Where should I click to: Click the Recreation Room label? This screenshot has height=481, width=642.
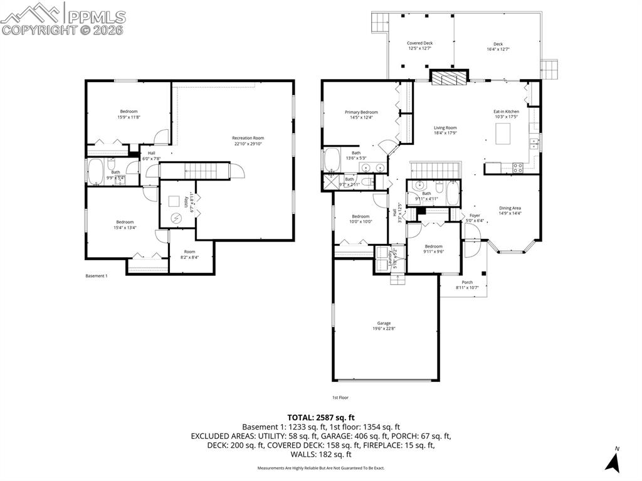tap(248, 138)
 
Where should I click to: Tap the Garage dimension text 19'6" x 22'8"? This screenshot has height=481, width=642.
tap(384, 328)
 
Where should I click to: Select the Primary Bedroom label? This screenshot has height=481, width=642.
tap(361, 112)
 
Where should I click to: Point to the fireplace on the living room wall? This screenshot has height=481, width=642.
tap(448, 77)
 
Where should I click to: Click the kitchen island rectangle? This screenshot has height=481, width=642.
tap(505, 134)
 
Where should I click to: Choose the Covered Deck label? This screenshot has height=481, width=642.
tap(419, 43)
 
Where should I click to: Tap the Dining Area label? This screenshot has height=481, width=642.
tap(510, 208)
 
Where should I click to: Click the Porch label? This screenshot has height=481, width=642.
tap(467, 282)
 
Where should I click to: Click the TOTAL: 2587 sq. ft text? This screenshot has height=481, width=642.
tap(321, 417)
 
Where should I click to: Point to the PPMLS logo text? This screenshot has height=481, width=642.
tap(96, 17)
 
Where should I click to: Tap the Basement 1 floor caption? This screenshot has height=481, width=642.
tap(97, 276)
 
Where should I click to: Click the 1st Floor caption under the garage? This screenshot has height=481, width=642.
tap(340, 397)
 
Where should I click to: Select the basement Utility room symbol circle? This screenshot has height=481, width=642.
tap(176, 218)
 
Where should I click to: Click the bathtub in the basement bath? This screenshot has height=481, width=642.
tap(97, 172)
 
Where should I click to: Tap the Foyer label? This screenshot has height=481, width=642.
tap(475, 215)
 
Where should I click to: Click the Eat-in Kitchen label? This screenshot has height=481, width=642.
tap(506, 112)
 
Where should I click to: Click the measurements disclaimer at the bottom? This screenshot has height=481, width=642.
tap(321, 468)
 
